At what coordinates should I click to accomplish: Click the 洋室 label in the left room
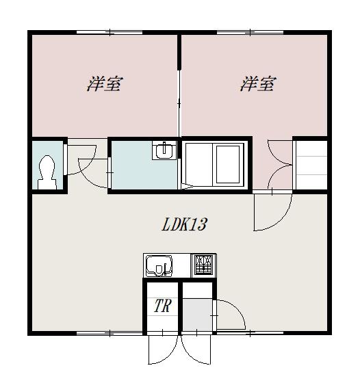105,83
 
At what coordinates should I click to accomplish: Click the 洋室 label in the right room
258,83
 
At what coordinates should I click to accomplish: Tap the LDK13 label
185,224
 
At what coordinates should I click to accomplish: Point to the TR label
163,305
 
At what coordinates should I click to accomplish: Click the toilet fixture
47,172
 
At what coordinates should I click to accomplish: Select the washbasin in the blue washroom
164,150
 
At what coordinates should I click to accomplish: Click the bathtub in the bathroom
228,164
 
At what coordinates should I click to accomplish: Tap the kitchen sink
159,266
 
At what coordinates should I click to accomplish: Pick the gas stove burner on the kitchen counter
203,266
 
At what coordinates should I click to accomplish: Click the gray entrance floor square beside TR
198,315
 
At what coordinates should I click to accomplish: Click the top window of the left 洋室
110,32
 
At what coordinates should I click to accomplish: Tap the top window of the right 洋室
250,32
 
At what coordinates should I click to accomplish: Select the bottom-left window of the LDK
110,333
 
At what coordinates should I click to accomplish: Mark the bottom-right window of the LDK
250,333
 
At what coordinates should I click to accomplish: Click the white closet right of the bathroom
311,165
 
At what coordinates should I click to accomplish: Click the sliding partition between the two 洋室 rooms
179,103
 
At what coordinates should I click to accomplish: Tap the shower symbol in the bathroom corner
187,187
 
